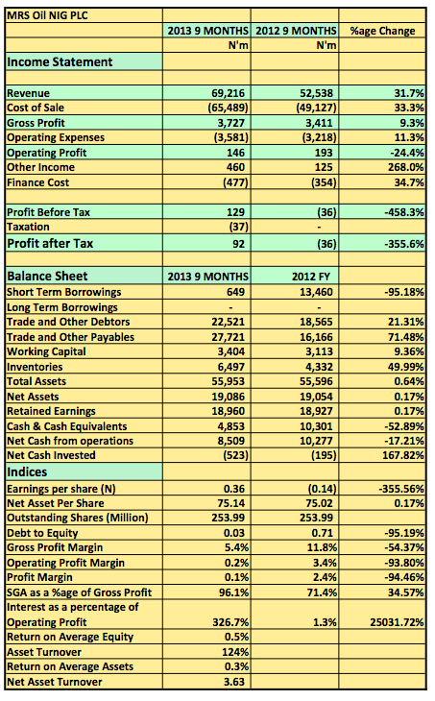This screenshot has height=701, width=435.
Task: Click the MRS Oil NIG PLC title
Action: [x=47, y=15]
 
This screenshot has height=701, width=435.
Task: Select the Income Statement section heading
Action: [x=60, y=61]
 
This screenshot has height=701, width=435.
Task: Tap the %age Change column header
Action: [x=382, y=31]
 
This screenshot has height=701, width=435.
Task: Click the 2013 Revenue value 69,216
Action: [x=228, y=93]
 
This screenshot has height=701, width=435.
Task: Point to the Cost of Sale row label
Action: [x=36, y=108]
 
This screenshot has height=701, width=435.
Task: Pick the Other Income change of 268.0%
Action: [x=405, y=167]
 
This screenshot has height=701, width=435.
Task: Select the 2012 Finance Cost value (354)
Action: [x=324, y=182]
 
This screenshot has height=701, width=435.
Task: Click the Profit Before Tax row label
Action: [x=48, y=212]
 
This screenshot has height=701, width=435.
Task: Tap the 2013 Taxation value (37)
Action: [x=239, y=227]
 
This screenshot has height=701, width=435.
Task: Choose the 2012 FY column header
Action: [x=311, y=277]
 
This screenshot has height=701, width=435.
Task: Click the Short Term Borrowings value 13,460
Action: [x=316, y=292]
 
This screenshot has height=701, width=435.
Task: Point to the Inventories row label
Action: [x=35, y=367]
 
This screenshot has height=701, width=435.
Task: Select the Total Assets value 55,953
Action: [x=228, y=381]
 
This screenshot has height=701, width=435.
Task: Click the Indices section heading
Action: [x=27, y=472]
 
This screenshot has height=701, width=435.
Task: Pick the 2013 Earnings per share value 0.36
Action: [x=234, y=489]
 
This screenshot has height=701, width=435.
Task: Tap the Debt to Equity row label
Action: [x=42, y=533]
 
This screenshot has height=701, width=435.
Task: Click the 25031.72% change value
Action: [x=397, y=622]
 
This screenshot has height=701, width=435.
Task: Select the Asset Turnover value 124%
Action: [x=235, y=652]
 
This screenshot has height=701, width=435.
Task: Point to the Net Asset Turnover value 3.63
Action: [x=234, y=682]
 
